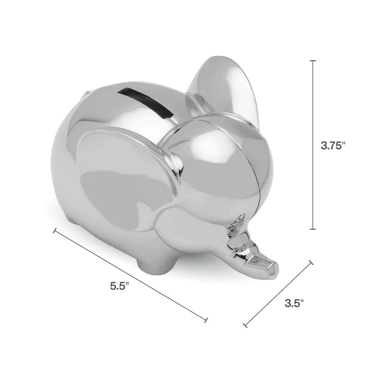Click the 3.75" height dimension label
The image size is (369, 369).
click(333, 146)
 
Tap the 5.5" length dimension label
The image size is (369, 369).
click(119, 286)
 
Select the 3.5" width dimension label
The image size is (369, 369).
click(294, 303)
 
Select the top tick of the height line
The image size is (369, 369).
click(313, 61)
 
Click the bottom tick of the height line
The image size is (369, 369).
click(313, 229)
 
